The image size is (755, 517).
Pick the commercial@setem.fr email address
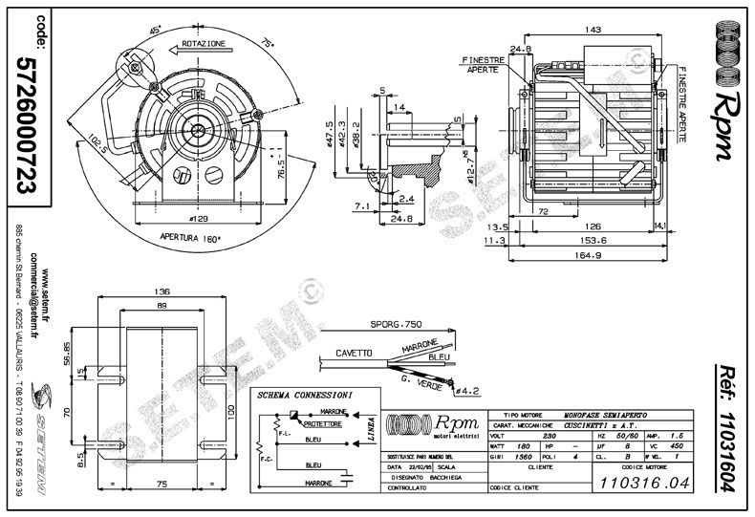[33, 298]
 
